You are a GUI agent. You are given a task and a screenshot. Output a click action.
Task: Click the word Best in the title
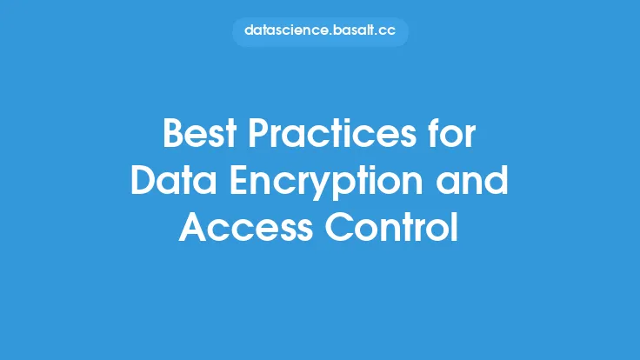pos(200,133)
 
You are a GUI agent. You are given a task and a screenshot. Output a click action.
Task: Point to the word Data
pos(173,180)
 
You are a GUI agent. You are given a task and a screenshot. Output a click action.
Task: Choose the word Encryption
pos(326,183)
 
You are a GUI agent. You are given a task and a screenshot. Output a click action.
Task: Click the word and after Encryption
pos(472,180)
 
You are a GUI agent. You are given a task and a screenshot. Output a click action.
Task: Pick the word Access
pos(246,227)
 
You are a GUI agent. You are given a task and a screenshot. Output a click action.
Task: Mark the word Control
pos(392,226)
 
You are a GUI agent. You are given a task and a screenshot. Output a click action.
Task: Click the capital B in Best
pos(172,133)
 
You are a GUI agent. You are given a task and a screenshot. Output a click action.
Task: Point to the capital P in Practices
pos(258,133)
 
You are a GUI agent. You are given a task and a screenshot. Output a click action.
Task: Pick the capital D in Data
pos(143,180)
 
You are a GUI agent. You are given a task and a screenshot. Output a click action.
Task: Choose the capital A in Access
pos(193,227)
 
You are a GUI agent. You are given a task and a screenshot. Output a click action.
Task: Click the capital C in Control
pos(339,227)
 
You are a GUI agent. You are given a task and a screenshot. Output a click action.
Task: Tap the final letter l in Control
pos(455,226)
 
